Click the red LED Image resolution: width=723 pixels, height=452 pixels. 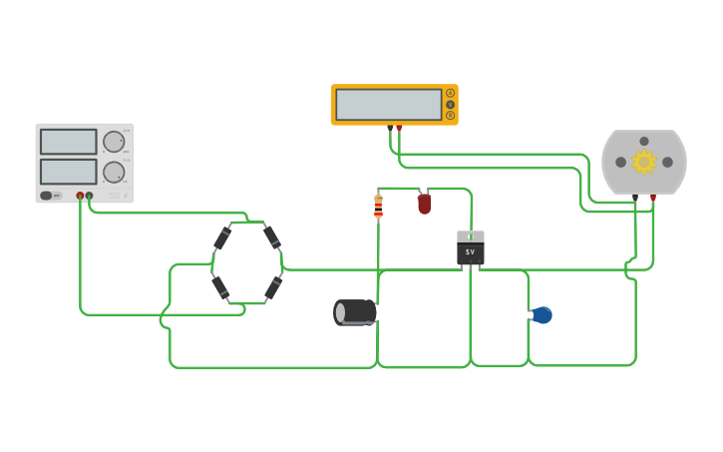[x=424, y=204]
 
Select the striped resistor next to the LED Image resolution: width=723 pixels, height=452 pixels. [x=378, y=207]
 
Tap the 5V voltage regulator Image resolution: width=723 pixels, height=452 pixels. [x=471, y=248]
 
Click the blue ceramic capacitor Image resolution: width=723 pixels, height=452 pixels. [x=542, y=315]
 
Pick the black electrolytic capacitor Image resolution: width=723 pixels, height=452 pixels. [x=356, y=312]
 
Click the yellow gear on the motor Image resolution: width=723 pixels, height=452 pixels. [x=644, y=162]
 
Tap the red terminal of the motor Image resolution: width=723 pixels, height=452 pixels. [x=653, y=198]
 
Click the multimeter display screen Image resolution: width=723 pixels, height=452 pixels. [x=389, y=105]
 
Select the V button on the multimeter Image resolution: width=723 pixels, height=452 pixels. [x=451, y=105]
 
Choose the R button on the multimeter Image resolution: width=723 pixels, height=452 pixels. [x=451, y=116]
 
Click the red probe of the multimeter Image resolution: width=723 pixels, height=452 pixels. [x=399, y=128]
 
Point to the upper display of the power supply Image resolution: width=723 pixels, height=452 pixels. [x=69, y=142]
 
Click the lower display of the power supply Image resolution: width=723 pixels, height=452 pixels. [x=69, y=172]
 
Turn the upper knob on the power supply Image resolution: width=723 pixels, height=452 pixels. [x=114, y=142]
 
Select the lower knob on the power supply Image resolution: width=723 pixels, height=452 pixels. [x=114, y=172]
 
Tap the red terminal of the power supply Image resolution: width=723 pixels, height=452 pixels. [x=80, y=196]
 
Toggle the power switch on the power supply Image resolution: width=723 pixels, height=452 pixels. [x=47, y=196]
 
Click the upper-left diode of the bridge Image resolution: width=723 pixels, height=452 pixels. [x=222, y=238]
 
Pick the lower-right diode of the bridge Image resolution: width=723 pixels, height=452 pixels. [x=272, y=288]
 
